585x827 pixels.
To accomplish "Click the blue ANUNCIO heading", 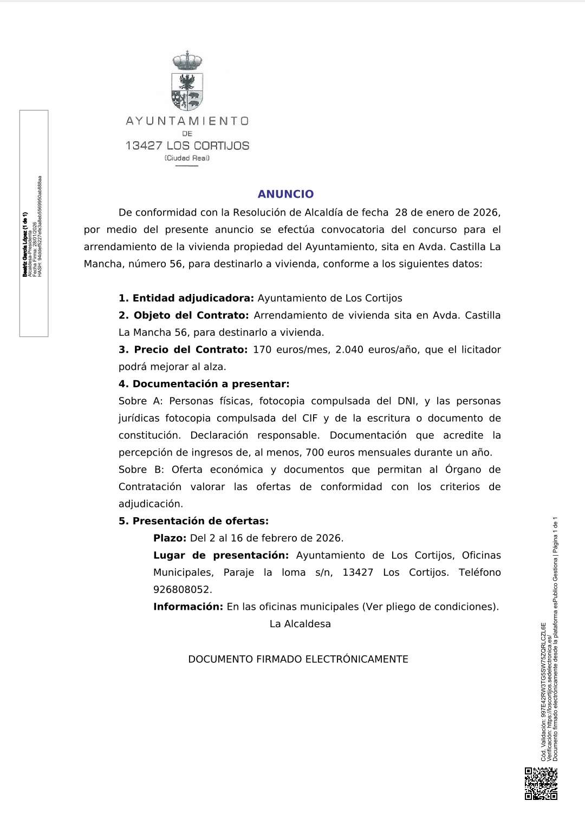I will coord(285,194).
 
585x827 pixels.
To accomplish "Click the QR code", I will coord(541,784).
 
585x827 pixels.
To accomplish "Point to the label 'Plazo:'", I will coord(170,538).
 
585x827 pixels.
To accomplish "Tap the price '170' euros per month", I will coord(262,350).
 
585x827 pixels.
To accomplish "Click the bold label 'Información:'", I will coord(188,607).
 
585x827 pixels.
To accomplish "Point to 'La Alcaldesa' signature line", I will coord(300,624).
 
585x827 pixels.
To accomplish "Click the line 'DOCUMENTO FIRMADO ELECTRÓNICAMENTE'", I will coord(298,660).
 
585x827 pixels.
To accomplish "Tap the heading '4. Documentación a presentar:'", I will coord(204,384).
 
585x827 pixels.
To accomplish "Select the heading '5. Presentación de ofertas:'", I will coord(194,521).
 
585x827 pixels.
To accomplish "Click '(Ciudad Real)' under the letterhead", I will coord(187,158).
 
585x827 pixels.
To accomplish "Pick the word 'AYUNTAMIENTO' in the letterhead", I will coord(187,121).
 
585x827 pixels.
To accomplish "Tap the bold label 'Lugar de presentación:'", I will coord(221,556).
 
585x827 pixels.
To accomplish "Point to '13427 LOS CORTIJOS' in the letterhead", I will coord(187,146).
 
